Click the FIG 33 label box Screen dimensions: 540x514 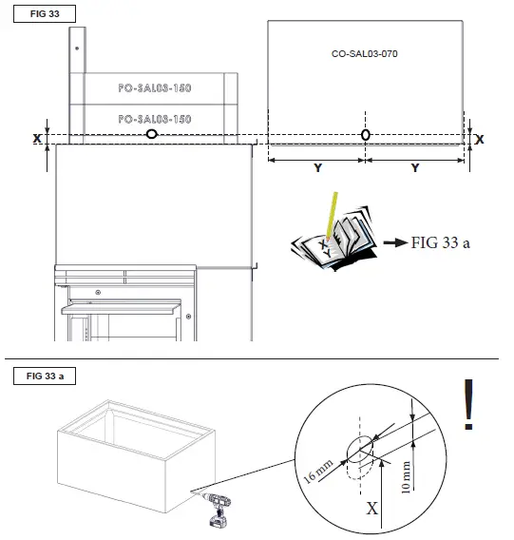click(40, 15)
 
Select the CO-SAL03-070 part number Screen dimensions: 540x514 click(365, 54)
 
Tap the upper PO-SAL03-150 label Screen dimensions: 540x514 click(154, 87)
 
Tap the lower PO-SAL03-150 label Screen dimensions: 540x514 click(154, 119)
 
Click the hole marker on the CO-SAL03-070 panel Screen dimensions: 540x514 click(366, 135)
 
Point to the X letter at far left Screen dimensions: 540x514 click(37, 139)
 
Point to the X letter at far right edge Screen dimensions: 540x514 click(479, 139)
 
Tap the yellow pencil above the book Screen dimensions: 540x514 click(331, 214)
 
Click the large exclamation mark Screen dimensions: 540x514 click(467, 406)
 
